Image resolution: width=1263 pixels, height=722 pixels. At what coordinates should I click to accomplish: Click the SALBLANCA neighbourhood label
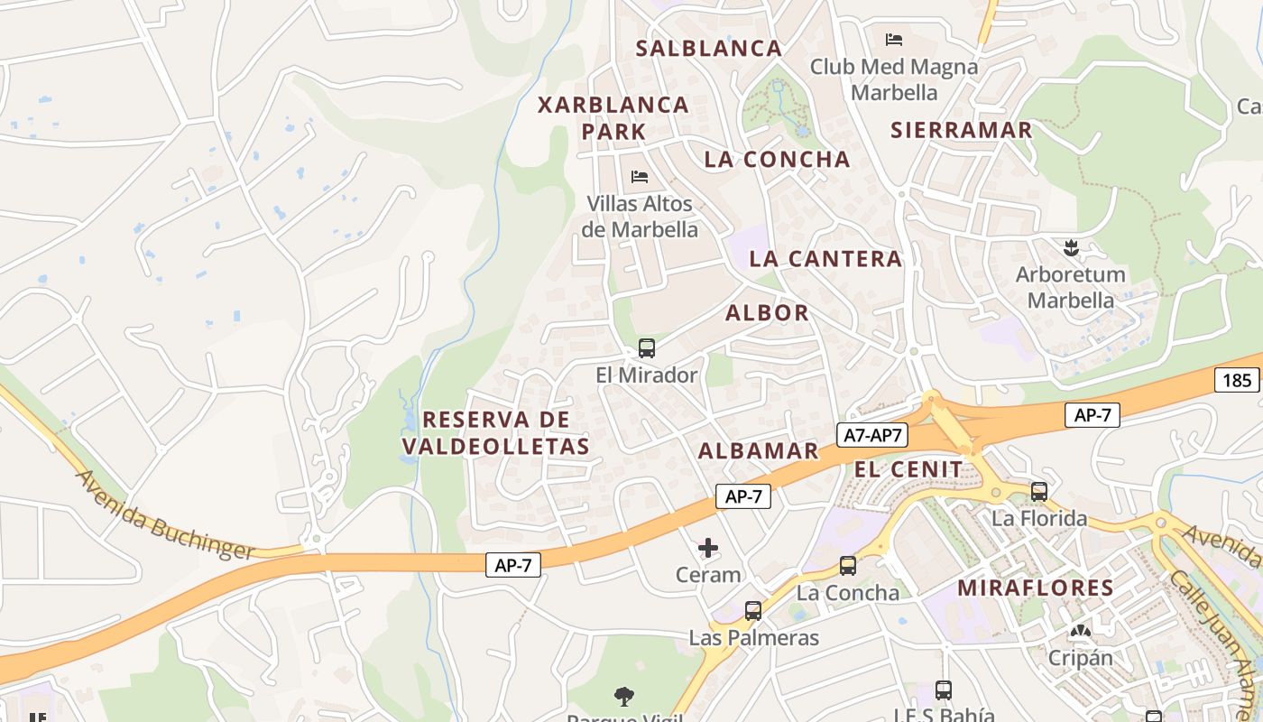[708, 49]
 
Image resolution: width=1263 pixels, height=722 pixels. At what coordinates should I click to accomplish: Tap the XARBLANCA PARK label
[613, 117]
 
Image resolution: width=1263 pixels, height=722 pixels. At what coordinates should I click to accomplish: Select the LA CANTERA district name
[825, 259]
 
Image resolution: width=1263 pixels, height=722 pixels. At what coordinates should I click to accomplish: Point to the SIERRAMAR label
[961, 130]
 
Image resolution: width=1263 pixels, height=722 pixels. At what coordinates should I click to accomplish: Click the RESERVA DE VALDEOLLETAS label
[496, 432]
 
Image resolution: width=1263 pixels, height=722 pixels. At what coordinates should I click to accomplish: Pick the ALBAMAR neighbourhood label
[758, 451]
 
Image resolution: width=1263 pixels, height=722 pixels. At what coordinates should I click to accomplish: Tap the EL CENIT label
[908, 469]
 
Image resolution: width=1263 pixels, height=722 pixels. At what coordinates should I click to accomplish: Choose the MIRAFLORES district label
[1036, 588]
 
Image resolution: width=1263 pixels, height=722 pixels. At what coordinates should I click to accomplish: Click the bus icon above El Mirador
[646, 348]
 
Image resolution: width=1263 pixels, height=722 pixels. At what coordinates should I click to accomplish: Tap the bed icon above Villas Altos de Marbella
[640, 176]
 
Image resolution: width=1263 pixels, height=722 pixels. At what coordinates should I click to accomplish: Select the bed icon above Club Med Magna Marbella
[894, 39]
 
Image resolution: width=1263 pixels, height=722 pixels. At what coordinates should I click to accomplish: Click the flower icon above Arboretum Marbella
[1071, 247]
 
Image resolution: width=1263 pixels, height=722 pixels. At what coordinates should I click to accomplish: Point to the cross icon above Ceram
[708, 548]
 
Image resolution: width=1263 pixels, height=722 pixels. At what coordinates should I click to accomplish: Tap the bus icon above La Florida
[1039, 492]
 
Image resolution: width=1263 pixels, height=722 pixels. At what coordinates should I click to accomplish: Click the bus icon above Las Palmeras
[753, 611]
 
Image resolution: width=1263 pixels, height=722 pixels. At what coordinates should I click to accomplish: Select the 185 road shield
[1237, 380]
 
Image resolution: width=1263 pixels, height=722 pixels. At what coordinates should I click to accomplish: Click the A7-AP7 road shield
[871, 435]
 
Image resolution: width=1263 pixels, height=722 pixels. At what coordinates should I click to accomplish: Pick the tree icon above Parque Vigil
[623, 696]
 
